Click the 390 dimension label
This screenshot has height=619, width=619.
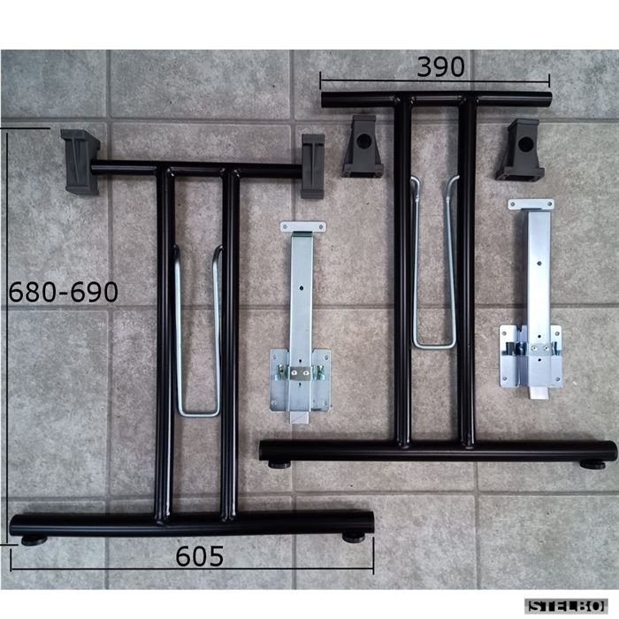tap(440, 66)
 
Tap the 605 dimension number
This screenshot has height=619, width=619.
tap(199, 556)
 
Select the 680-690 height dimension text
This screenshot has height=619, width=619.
tap(63, 292)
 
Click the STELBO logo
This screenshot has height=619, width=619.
tap(566, 606)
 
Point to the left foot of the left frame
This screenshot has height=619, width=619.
tap(34, 540)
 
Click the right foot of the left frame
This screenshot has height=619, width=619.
tap(354, 537)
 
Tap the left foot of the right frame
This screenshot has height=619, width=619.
tap(280, 464)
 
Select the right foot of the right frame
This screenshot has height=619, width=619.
tap(592, 464)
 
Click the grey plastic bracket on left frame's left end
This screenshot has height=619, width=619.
tap(80, 162)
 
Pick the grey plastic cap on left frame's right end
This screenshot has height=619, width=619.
tap(313, 166)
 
